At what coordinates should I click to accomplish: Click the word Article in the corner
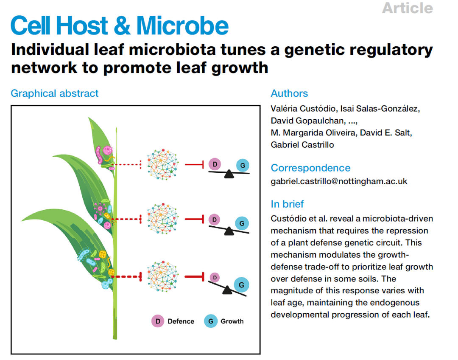(x=407, y=8)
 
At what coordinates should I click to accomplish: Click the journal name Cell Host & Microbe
(x=120, y=26)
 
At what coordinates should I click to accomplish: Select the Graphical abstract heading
(x=55, y=93)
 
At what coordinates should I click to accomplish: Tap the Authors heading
(x=289, y=93)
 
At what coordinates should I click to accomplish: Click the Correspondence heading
(x=310, y=168)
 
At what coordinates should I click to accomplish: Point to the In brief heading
(x=287, y=204)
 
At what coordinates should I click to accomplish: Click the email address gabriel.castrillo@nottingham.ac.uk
(x=339, y=181)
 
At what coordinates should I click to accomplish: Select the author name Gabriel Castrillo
(x=302, y=145)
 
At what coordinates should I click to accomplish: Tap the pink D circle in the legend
(x=158, y=321)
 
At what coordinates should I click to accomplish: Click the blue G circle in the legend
(x=211, y=321)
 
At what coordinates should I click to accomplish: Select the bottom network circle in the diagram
(x=165, y=277)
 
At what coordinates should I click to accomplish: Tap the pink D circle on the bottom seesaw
(x=215, y=278)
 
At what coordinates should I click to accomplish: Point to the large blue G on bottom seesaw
(x=241, y=285)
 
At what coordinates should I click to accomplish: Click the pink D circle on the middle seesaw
(x=215, y=219)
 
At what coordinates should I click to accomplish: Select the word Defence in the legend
(x=181, y=321)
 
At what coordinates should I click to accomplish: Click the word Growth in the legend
(x=232, y=321)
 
